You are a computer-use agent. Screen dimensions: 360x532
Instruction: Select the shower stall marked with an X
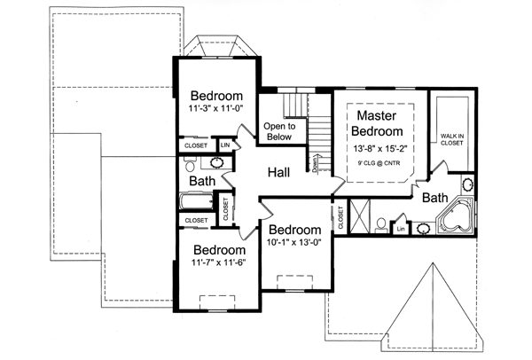360,215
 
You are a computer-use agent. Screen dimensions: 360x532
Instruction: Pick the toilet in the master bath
381,222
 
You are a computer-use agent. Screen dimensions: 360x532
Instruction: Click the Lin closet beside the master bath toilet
401,229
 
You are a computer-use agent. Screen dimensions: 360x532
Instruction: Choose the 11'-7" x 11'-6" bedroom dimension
218,262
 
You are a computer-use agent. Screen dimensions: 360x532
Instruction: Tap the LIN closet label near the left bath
224,145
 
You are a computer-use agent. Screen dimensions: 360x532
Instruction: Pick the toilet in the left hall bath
190,164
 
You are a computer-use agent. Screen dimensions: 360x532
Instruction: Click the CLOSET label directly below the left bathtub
196,220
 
